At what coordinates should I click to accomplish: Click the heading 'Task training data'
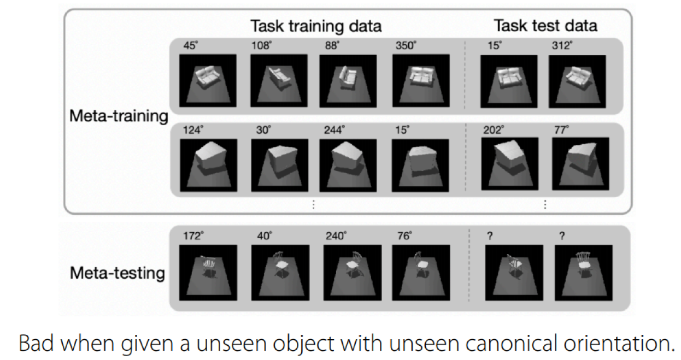316,26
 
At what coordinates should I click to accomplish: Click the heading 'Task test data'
545,26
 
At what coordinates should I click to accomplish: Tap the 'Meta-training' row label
119,116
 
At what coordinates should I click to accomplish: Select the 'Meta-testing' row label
118,273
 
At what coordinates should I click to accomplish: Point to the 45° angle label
191,45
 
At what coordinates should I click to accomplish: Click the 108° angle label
261,45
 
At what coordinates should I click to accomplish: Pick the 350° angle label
406,45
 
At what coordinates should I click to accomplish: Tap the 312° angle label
562,45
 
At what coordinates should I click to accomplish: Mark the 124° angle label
193,130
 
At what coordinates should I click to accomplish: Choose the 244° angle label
334,130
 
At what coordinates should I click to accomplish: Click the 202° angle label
494,130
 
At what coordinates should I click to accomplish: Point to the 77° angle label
561,130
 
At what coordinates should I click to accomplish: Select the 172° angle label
193,236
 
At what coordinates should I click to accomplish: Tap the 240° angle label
336,236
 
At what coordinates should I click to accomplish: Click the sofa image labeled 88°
348,81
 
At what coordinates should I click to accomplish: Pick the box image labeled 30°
280,166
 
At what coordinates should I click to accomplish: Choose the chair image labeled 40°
280,273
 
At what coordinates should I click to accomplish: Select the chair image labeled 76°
421,273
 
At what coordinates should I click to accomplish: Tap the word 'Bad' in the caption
37,343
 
